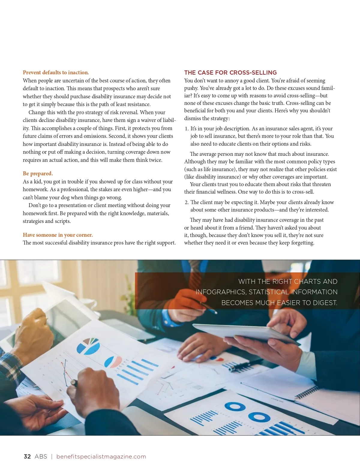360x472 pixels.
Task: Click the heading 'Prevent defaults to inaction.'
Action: [56, 73]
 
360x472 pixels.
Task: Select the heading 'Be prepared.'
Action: [38, 174]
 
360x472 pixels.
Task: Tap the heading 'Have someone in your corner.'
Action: [58, 235]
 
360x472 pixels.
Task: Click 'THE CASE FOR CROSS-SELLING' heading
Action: [230, 73]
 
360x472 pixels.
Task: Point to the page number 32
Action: [27, 456]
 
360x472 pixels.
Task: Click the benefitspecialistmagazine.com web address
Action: [101, 456]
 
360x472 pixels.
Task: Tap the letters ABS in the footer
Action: [41, 456]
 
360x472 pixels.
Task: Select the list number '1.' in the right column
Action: [187, 129]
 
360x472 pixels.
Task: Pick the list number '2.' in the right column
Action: [187, 202]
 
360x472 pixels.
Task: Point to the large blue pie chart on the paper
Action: [88, 346]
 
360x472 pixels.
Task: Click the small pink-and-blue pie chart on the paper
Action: [113, 361]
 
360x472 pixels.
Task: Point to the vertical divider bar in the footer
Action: [52, 456]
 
